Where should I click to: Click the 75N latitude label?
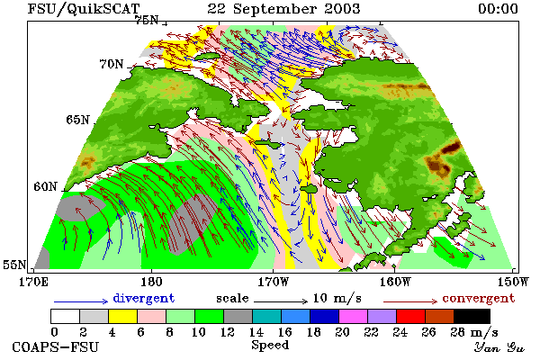click(147, 20)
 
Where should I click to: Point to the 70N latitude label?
click(112, 64)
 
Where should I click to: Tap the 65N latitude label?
click(77, 120)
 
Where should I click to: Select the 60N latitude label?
click(45, 186)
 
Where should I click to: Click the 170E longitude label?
click(34, 282)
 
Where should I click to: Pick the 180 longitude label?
click(151, 282)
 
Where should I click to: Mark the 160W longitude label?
click(395, 282)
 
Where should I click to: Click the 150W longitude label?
click(513, 282)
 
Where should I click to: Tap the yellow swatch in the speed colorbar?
click(123, 316)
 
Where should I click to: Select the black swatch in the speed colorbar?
click(472, 316)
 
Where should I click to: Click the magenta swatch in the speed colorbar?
click(354, 316)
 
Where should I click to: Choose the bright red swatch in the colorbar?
click(411, 316)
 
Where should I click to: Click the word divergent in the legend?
click(144, 298)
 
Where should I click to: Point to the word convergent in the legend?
click(479, 298)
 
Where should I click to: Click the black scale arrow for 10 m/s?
click(281, 301)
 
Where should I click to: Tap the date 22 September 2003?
click(283, 9)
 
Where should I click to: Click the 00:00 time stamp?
click(498, 9)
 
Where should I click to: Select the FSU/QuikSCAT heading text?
click(84, 9)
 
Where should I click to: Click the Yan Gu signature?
click(499, 347)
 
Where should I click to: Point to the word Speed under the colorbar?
click(270, 345)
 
